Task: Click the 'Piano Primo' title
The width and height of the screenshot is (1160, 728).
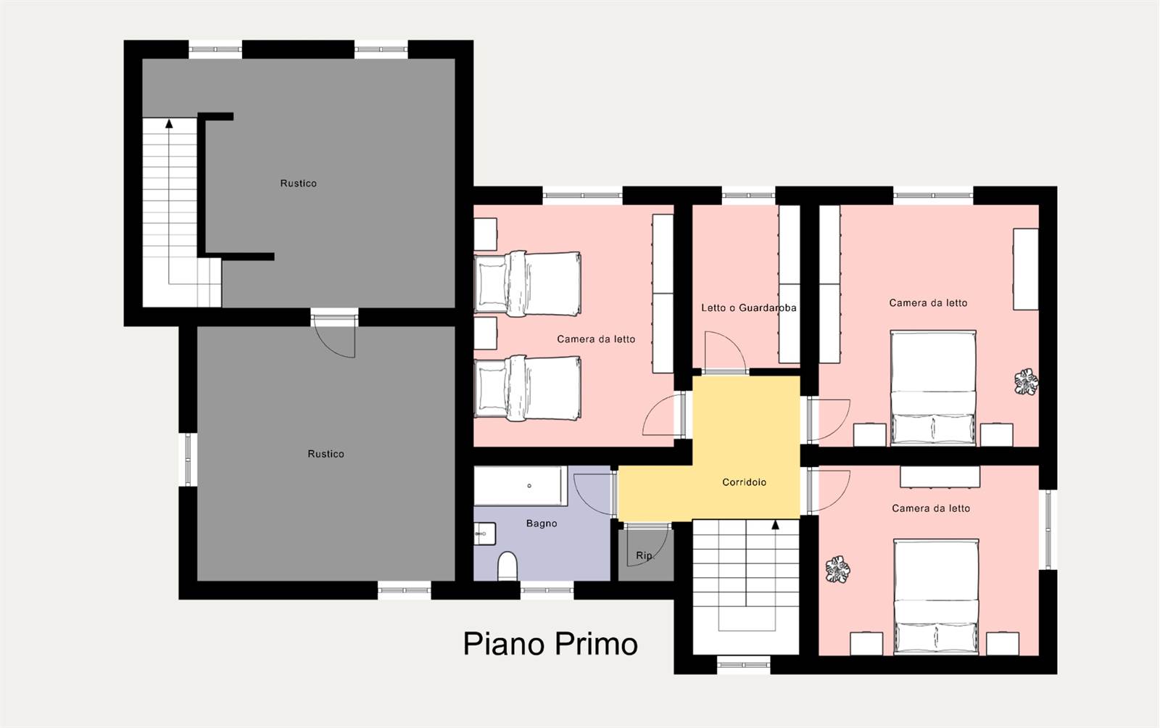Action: pyautogui.click(x=550, y=644)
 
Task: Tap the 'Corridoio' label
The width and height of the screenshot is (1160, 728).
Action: pyautogui.click(x=744, y=482)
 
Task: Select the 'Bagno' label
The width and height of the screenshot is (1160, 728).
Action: pyautogui.click(x=542, y=524)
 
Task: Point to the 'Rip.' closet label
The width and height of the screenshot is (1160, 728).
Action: pyautogui.click(x=645, y=555)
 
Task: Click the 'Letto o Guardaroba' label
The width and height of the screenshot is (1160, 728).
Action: pyautogui.click(x=749, y=308)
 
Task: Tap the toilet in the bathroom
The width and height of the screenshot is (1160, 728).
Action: pyautogui.click(x=507, y=566)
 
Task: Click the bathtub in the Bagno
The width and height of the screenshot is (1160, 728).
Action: pyautogui.click(x=521, y=486)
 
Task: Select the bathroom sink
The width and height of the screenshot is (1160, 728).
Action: pyautogui.click(x=485, y=534)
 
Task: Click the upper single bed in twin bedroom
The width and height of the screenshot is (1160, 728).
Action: pyautogui.click(x=528, y=284)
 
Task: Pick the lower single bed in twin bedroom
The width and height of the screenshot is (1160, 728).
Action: pyautogui.click(x=528, y=388)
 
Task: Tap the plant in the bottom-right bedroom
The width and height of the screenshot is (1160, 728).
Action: pyautogui.click(x=837, y=569)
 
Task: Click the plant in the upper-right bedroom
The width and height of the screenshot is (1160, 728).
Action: pyautogui.click(x=1026, y=382)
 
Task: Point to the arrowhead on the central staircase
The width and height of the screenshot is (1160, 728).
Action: pyautogui.click(x=775, y=525)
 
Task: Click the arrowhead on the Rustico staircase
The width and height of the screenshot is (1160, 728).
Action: pyautogui.click(x=169, y=123)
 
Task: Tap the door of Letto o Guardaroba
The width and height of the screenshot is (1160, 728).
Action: pyautogui.click(x=725, y=352)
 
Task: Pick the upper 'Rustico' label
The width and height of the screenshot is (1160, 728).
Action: pyautogui.click(x=298, y=183)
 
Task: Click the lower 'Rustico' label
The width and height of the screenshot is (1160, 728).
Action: pyautogui.click(x=326, y=454)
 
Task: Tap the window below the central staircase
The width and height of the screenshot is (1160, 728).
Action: pyautogui.click(x=744, y=665)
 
